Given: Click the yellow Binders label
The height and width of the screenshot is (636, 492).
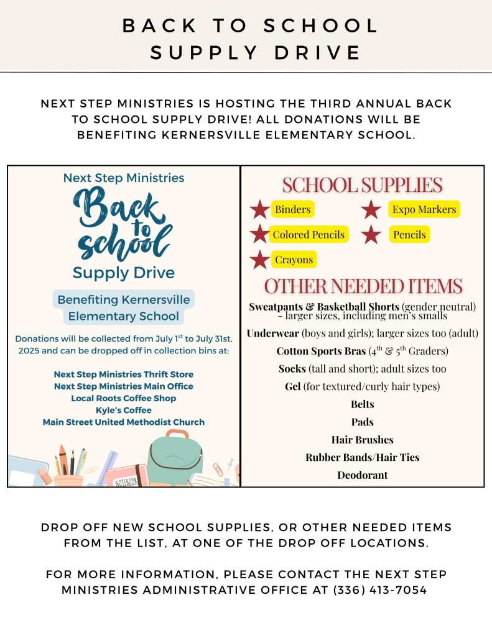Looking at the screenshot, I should (x=292, y=209).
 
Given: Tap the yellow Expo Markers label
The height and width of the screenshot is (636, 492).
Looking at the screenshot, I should (x=424, y=209).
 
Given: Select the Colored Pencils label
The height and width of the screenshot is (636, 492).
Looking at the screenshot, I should (x=309, y=234).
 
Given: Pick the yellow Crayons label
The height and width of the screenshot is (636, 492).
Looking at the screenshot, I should (x=294, y=260).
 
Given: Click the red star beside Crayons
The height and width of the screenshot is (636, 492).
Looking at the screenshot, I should (x=259, y=260).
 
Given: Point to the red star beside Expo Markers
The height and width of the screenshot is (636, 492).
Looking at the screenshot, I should (x=371, y=210).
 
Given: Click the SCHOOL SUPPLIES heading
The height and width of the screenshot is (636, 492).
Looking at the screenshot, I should (x=362, y=185).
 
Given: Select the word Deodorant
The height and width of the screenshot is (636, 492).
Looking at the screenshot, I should (x=362, y=475).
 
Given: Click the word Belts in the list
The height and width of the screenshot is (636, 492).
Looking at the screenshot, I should (x=362, y=404).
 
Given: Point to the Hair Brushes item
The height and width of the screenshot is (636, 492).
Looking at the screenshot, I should (x=362, y=440).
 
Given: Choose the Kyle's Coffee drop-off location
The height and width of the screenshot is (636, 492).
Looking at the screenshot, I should (x=123, y=410).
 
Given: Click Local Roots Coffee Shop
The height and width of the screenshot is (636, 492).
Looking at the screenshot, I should (x=123, y=398).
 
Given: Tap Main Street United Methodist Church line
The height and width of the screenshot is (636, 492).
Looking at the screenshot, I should (x=123, y=422).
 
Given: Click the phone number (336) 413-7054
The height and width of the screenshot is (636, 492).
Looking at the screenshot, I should (x=380, y=590).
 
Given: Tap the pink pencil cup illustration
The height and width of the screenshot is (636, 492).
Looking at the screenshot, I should (x=68, y=479).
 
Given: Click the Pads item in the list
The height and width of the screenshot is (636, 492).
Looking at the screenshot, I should (x=362, y=422).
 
